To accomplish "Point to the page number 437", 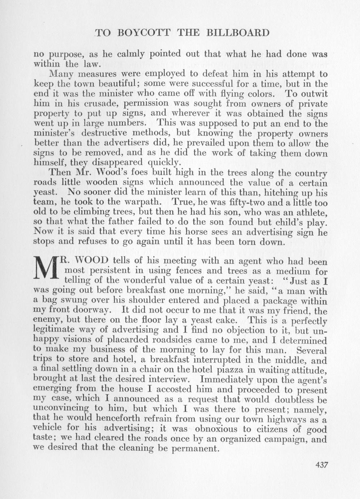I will click(x=321, y=465).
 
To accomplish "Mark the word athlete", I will click(x=309, y=212).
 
